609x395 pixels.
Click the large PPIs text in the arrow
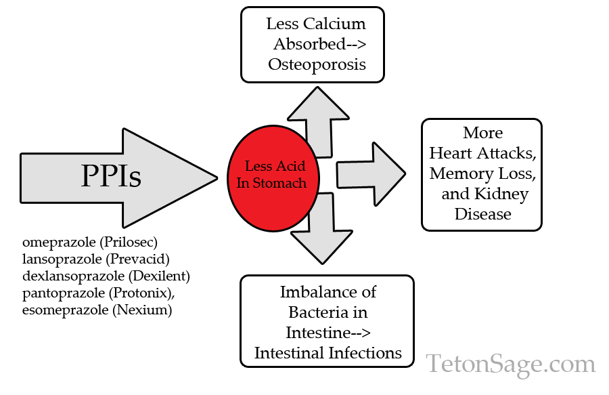tap(112, 176)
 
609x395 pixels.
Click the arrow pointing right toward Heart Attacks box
tap(369, 174)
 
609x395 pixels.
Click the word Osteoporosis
tap(317, 64)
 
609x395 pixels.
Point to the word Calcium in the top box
tap(334, 24)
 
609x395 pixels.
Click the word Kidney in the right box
tap(503, 194)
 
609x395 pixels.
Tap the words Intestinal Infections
tap(328, 353)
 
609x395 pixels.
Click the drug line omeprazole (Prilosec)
tap(94, 242)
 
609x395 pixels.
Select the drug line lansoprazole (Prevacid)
tap(95, 259)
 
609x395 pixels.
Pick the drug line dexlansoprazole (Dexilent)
tap(106, 276)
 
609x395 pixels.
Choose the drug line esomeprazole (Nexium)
tap(97, 310)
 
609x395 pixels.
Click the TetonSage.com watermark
tap(510, 364)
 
